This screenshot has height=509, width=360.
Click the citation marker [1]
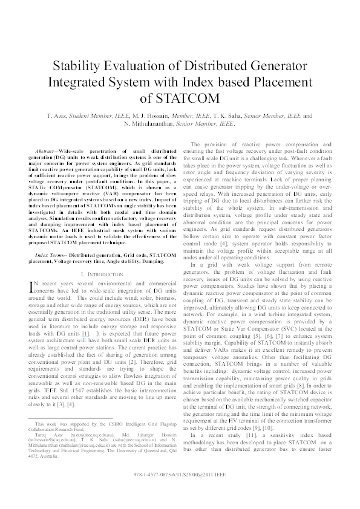point(86,333)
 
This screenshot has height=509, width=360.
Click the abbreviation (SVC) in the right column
point(287,360)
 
